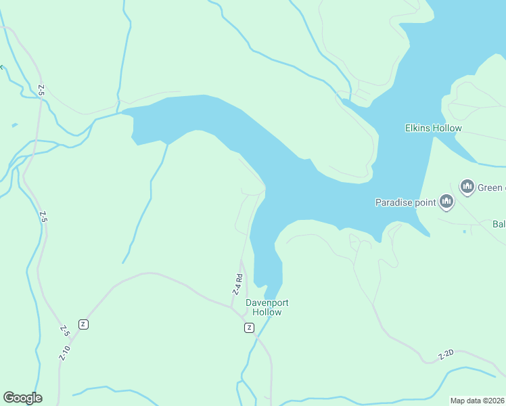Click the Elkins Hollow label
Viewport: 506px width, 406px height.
(x=433, y=128)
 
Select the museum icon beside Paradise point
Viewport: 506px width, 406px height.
(x=446, y=201)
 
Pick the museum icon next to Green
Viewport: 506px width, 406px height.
(x=467, y=187)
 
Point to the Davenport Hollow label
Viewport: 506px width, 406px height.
(x=263, y=308)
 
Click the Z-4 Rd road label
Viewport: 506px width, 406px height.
(x=237, y=284)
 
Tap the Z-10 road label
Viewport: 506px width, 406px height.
(x=64, y=353)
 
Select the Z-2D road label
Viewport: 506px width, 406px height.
(x=445, y=355)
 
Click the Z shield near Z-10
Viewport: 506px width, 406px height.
(x=83, y=324)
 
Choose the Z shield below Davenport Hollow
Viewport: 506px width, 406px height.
(x=249, y=328)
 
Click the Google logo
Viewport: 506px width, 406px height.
(x=22, y=398)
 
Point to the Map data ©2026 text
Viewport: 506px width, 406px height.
(x=478, y=401)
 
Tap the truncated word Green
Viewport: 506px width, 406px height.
(x=491, y=187)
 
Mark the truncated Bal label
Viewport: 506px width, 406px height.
(x=499, y=224)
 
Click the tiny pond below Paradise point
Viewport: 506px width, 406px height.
(x=465, y=231)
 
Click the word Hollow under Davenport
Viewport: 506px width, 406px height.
(x=267, y=313)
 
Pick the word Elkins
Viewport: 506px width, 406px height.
(x=419, y=128)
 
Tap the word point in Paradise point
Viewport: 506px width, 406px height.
(x=424, y=202)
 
